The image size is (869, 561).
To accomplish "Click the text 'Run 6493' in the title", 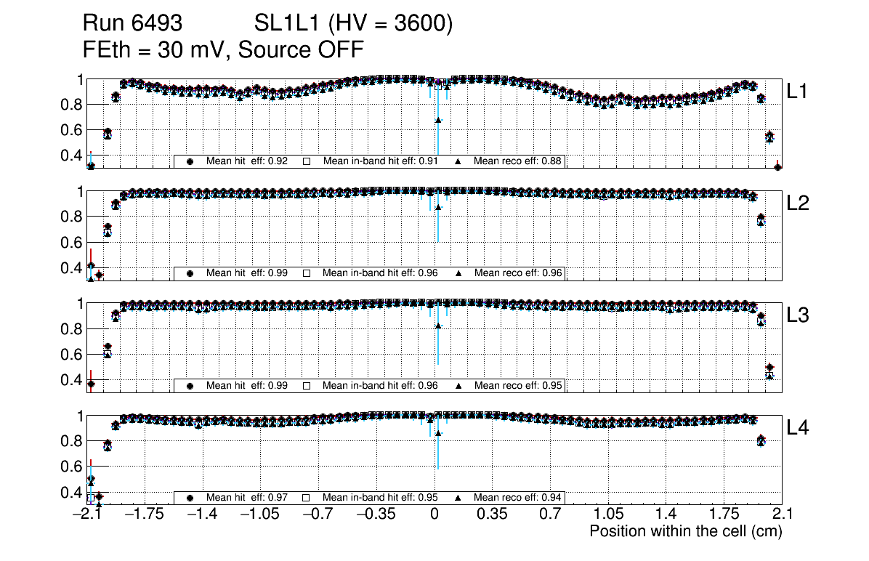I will (132, 24).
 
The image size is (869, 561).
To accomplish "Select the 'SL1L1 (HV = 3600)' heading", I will (354, 24).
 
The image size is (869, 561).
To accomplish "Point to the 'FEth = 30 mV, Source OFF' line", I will (223, 50).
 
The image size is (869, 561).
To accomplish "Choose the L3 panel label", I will (799, 315).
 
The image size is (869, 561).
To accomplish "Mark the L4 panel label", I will (799, 428).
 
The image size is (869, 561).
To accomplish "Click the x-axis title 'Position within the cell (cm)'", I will (685, 531).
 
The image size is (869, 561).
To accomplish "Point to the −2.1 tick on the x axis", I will (87, 514).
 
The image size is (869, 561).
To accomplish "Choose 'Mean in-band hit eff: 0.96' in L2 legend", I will (380, 273).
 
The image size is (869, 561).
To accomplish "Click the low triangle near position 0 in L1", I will (438, 120).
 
